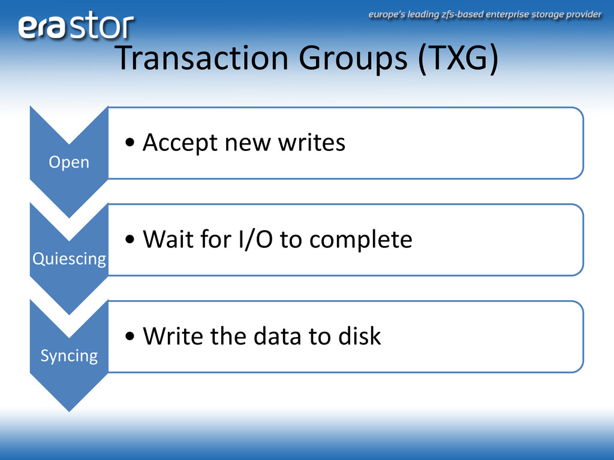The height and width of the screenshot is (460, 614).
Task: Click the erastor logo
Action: tap(76, 26)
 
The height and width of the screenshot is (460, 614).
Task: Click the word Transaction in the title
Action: tap(202, 58)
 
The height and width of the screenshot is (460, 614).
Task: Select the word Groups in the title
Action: tap(353, 59)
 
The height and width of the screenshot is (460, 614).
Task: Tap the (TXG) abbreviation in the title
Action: tap(458, 59)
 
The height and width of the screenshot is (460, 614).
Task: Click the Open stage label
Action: tap(69, 162)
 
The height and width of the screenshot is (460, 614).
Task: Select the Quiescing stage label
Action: tap(69, 259)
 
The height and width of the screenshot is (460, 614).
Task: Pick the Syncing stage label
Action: tap(69, 356)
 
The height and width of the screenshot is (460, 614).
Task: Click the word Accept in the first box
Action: tap(179, 143)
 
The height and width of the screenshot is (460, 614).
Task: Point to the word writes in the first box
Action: tap(312, 143)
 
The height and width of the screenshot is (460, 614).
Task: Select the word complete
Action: tap(360, 240)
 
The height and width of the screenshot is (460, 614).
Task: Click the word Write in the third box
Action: tap(173, 336)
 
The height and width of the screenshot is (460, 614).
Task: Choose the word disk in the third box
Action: tap(360, 336)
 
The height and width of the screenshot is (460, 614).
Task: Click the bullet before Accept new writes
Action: tap(130, 143)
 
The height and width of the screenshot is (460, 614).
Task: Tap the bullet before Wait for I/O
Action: tap(130, 240)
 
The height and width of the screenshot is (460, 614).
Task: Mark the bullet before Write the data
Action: tap(130, 336)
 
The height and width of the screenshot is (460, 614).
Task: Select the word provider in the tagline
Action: tap(583, 15)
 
